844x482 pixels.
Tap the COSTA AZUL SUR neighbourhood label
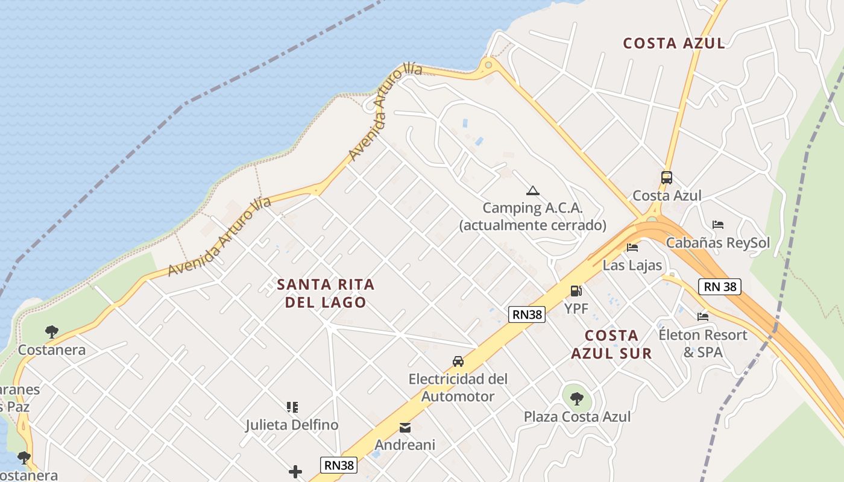tap(611, 345)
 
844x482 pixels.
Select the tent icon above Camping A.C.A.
tap(532, 191)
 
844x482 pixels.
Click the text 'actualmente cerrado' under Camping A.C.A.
tap(532, 225)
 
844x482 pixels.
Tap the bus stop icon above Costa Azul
tap(666, 178)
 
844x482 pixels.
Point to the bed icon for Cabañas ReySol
tap(717, 225)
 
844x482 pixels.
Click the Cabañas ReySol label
tap(717, 243)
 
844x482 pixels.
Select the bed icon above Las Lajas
tap(632, 247)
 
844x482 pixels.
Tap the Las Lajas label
tap(632, 265)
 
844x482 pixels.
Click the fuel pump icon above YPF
tap(576, 292)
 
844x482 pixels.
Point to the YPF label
tap(576, 309)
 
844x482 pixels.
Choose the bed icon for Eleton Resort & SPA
tap(702, 316)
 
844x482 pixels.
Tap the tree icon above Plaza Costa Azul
tap(577, 398)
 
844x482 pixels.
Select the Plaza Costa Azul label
tap(577, 416)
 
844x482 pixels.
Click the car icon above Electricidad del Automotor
tap(458, 361)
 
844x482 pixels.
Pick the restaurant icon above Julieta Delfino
tap(292, 407)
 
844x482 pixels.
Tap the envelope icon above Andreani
tap(405, 428)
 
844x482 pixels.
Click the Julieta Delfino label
tap(292, 425)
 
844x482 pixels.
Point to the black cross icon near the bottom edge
tap(295, 471)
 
